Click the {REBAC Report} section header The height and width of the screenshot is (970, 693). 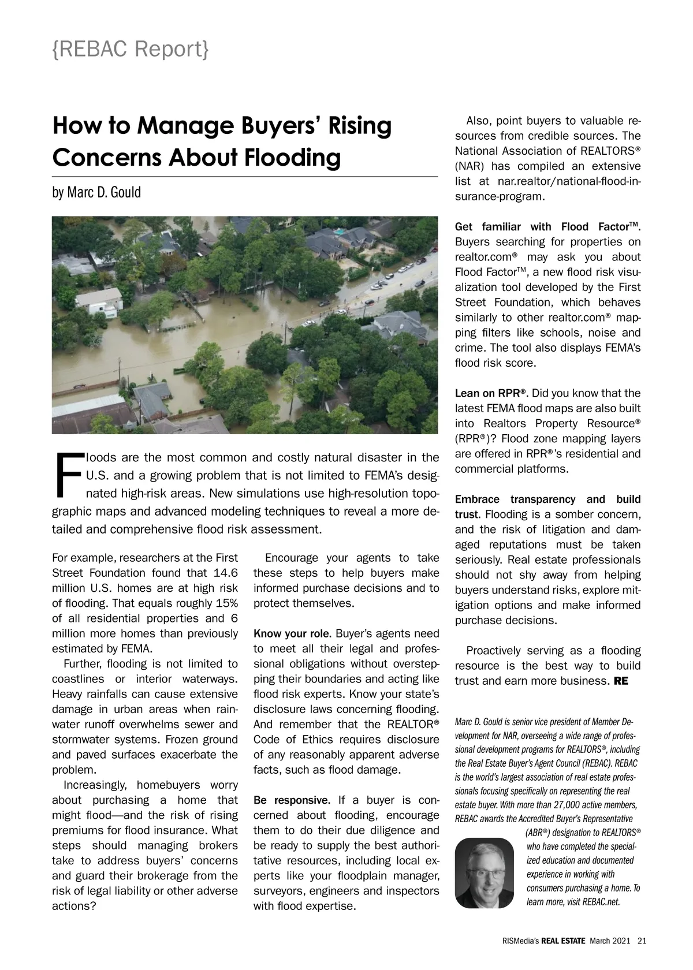tap(130, 50)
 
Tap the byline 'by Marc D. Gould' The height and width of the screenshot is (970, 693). tap(96, 192)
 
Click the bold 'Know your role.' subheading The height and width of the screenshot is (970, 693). tap(292, 634)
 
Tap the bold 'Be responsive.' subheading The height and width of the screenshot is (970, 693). tap(292, 800)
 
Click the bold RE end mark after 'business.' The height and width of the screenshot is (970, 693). tap(621, 681)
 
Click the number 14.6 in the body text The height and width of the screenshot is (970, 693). tap(225, 573)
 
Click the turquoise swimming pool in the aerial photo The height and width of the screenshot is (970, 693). tap(341, 232)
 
